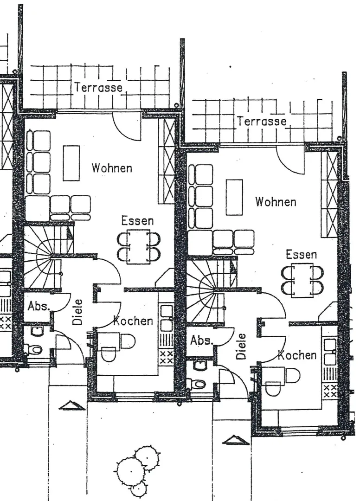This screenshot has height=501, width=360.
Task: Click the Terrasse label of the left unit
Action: (99, 87)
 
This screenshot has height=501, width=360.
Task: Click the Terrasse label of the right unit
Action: (262, 121)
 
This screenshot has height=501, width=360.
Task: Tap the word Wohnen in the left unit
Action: (112, 168)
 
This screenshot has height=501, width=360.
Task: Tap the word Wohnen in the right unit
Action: (276, 202)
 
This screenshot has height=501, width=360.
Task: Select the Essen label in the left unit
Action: (137, 221)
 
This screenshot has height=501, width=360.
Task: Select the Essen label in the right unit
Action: (301, 255)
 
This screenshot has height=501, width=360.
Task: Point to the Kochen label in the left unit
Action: (134, 321)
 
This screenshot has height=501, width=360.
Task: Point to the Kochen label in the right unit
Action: (297, 355)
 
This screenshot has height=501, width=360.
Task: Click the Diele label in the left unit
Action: (77, 312)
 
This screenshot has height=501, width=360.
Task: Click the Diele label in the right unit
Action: (241, 347)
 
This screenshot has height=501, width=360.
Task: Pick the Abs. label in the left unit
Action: (39, 306)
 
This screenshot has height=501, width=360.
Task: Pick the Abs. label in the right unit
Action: (201, 340)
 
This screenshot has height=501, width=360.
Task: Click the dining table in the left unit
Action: (139, 247)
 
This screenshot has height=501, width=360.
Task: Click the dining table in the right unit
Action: (302, 281)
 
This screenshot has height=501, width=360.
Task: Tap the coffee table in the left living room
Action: (71, 163)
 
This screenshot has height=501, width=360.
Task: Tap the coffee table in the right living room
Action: (234, 197)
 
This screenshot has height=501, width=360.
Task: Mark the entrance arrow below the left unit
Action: (72, 405)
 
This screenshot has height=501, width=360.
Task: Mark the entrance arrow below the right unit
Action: (236, 440)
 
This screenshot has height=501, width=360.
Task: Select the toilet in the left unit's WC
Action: (33, 349)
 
